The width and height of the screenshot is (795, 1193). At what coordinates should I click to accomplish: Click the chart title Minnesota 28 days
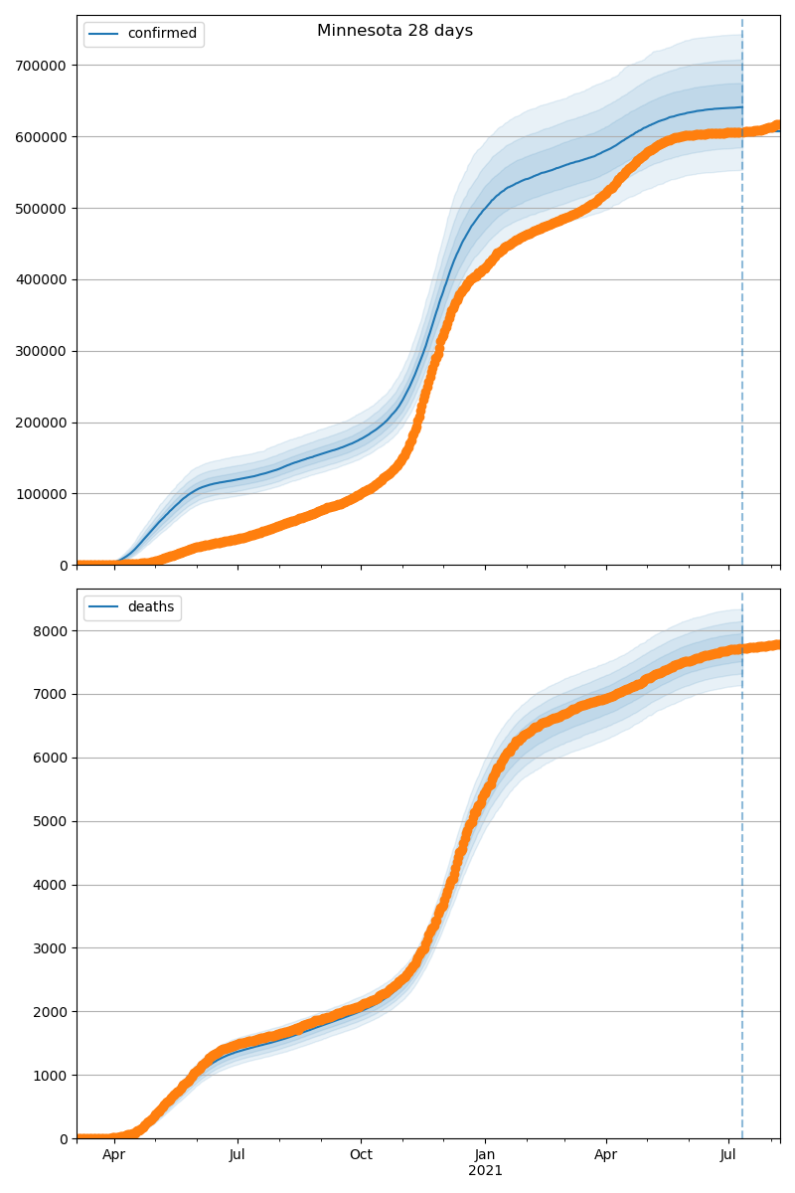(x=395, y=31)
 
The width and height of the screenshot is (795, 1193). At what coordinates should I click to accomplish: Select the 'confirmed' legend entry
(x=162, y=34)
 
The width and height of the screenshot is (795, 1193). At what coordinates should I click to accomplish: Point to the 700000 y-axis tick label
(x=41, y=66)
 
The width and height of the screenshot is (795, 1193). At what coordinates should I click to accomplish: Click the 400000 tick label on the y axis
(x=41, y=279)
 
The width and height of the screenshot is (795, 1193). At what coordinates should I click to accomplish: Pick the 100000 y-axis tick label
(x=41, y=494)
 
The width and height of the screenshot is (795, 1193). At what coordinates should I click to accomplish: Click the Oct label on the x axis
(x=361, y=1155)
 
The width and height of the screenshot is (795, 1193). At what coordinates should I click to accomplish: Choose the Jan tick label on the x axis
(x=485, y=1155)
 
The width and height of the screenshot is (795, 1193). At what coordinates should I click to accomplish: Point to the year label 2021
(x=485, y=1171)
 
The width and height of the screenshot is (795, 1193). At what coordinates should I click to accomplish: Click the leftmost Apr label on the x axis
(x=114, y=1155)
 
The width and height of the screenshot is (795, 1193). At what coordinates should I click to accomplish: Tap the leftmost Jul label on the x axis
(x=238, y=1155)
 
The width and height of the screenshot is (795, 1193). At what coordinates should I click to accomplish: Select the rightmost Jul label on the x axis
(x=728, y=1155)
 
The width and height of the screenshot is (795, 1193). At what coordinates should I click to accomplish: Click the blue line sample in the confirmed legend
(x=104, y=34)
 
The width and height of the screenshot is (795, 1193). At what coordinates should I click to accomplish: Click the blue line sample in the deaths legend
(x=104, y=607)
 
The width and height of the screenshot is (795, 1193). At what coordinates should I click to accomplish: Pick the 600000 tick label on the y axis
(x=41, y=137)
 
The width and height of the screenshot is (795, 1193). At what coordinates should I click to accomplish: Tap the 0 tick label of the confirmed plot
(x=65, y=566)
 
